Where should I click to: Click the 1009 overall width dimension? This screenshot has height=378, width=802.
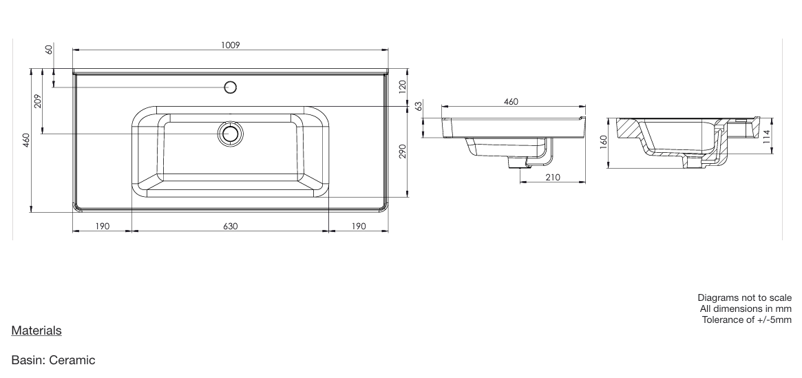230,45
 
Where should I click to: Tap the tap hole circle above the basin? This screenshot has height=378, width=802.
231,87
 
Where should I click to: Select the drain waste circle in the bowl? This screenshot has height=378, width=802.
230,134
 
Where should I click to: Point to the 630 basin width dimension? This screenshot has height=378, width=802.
230,226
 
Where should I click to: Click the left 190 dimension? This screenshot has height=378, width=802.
103,226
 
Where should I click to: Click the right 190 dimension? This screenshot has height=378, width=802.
359,226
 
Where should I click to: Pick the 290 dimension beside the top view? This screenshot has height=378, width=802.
403,151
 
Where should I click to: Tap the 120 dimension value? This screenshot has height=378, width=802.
403,87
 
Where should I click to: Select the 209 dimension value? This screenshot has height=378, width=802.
36,101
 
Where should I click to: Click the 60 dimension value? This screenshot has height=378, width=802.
49,50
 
